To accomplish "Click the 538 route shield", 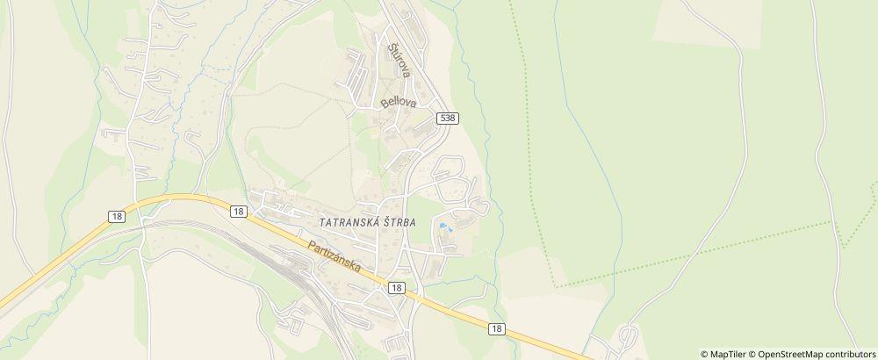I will click(448, 118).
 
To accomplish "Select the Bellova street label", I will click(398, 103).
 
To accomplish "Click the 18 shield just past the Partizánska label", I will click(396, 287).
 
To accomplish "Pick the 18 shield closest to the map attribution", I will click(497, 328).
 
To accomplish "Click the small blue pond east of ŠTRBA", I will click(443, 228).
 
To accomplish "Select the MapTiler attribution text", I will click(722, 354).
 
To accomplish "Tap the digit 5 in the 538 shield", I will click(443, 118).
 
